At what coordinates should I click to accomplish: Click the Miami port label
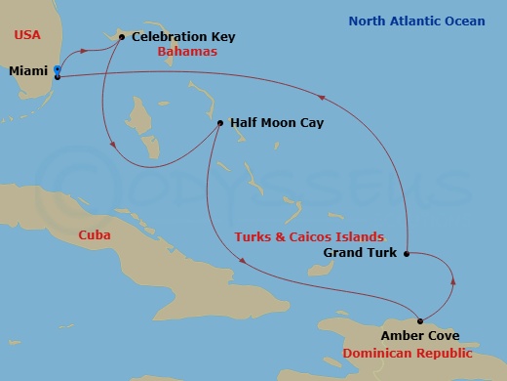point(29,71)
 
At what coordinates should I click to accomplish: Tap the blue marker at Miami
point(58,71)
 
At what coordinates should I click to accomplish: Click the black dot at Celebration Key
point(121,37)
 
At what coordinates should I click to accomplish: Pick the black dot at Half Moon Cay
point(220,124)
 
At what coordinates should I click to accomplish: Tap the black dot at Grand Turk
point(406,253)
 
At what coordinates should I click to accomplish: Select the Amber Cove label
point(378,335)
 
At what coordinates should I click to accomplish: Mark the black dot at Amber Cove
point(420,320)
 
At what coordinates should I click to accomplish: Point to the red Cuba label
point(95,235)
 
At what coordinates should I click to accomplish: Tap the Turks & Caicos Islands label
point(308,237)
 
